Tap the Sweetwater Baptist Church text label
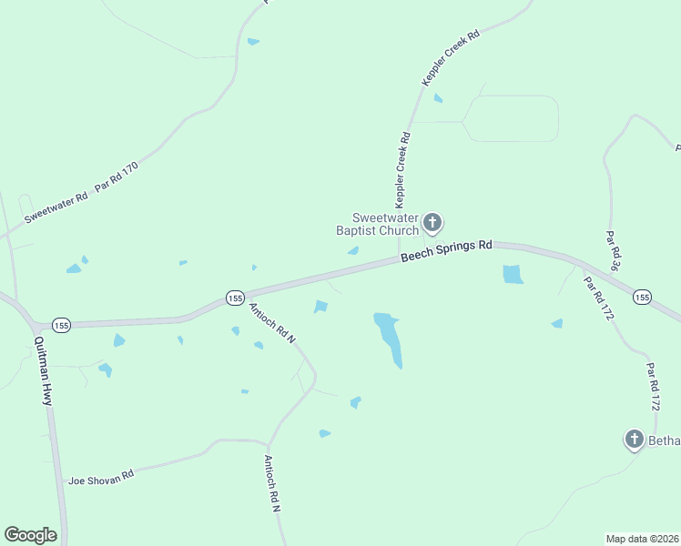pos(386,224)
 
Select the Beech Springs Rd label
pos(446,252)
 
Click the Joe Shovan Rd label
pos(101,476)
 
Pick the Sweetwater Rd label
pos(56,207)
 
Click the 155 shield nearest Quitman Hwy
pos(62,325)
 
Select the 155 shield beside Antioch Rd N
pos(235,298)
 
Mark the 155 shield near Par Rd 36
pos(642,297)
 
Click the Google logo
pos(30,535)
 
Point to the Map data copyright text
pos(643,538)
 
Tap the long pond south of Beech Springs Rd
pos(389,338)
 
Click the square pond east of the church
pos(513,274)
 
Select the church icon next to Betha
pos(634,440)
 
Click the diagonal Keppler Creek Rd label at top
pos(450,58)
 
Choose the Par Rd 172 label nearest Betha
pos(652,387)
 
